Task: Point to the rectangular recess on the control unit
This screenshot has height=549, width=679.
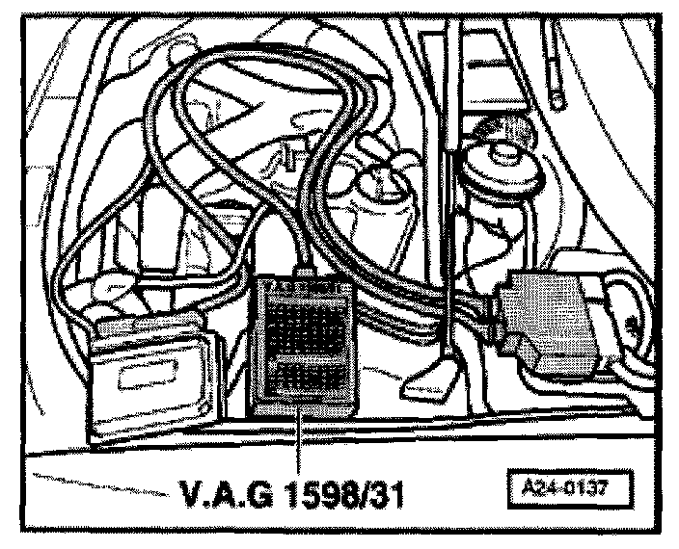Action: coord(154,377)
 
